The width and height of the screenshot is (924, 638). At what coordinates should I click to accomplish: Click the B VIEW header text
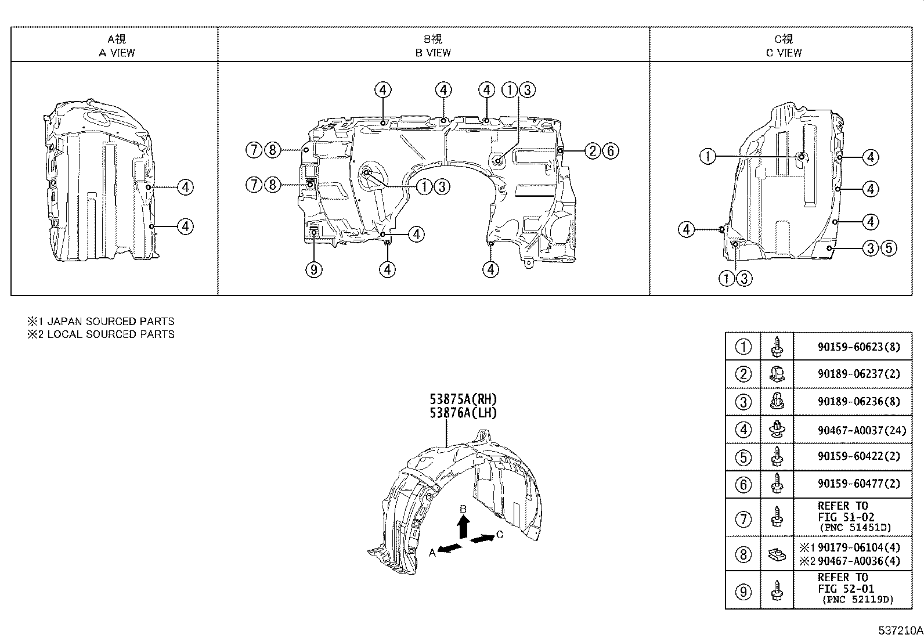tap(433, 52)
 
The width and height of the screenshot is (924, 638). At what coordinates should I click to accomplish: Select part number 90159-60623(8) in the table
tap(850, 347)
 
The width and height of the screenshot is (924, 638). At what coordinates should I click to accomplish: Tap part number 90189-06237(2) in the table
tap(850, 374)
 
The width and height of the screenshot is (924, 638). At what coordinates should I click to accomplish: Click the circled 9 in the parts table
tap(743, 592)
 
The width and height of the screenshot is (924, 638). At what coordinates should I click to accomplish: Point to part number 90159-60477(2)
tap(850, 484)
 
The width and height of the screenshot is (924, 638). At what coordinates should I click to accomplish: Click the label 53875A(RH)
tap(463, 399)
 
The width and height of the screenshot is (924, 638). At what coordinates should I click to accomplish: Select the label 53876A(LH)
tap(463, 413)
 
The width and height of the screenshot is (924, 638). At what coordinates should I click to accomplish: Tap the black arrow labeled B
tap(463, 528)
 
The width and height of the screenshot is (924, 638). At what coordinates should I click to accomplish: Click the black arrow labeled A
tap(450, 549)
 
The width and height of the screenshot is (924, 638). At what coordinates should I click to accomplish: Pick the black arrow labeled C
tap(482, 539)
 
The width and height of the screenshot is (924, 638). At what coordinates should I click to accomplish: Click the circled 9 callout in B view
tap(313, 269)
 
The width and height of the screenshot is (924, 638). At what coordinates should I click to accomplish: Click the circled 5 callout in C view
tap(889, 248)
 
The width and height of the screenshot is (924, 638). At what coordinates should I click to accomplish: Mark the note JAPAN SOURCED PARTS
tap(110, 321)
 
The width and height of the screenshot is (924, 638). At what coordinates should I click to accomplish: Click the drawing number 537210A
tap(900, 630)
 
